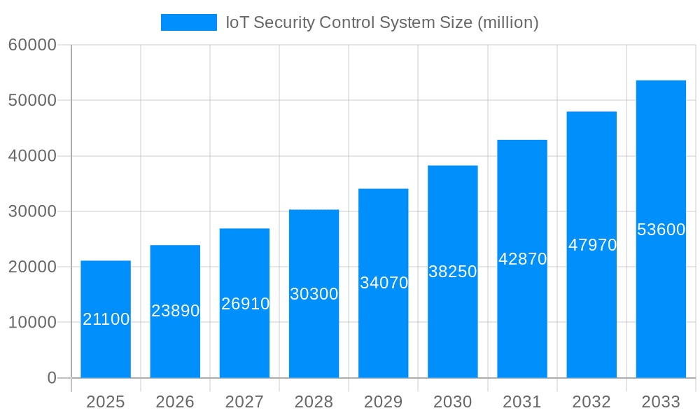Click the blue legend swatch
coord(189,22)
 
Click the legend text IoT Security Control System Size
coord(381,22)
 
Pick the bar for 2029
coord(383,329)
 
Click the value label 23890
coord(176,311)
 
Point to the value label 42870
coord(522,259)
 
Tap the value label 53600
coord(661,230)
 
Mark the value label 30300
coord(314,294)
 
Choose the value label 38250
coord(452,272)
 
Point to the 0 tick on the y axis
coord(52,378)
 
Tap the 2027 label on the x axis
coord(244,402)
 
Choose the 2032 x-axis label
coord(591,402)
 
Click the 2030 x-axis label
coord(452,402)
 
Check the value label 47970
coord(592,245)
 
